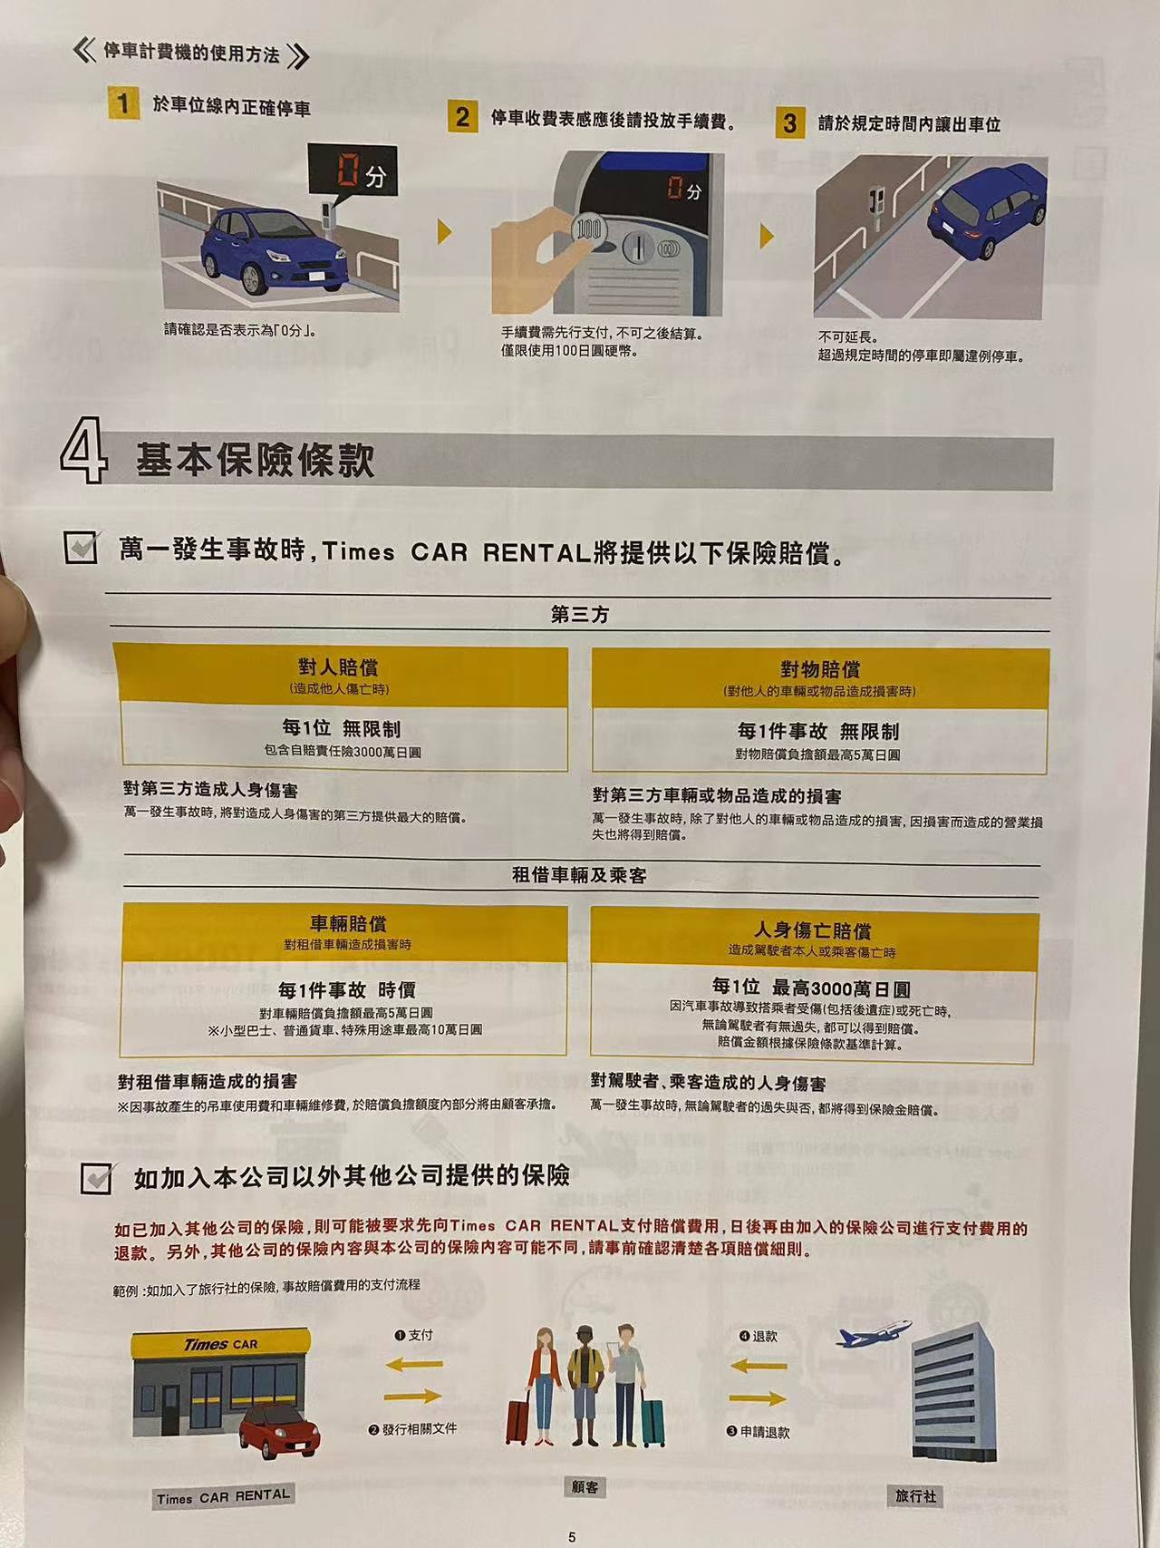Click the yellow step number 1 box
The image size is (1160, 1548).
(123, 103)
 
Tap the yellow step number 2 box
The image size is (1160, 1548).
(462, 117)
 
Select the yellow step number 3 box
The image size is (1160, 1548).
(790, 122)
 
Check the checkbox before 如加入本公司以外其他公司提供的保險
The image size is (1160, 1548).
(97, 1177)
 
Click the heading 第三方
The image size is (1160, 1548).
(580, 615)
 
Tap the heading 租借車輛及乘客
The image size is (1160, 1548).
(579, 875)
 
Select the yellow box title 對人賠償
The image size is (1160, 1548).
(338, 667)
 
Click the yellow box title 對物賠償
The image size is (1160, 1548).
(820, 669)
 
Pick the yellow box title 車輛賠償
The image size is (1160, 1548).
(348, 923)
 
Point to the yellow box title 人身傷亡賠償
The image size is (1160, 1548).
(813, 930)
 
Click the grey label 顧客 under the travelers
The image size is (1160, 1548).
(585, 1487)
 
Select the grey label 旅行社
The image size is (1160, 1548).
(915, 1495)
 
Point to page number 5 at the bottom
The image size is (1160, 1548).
(572, 1537)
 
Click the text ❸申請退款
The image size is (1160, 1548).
(758, 1432)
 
